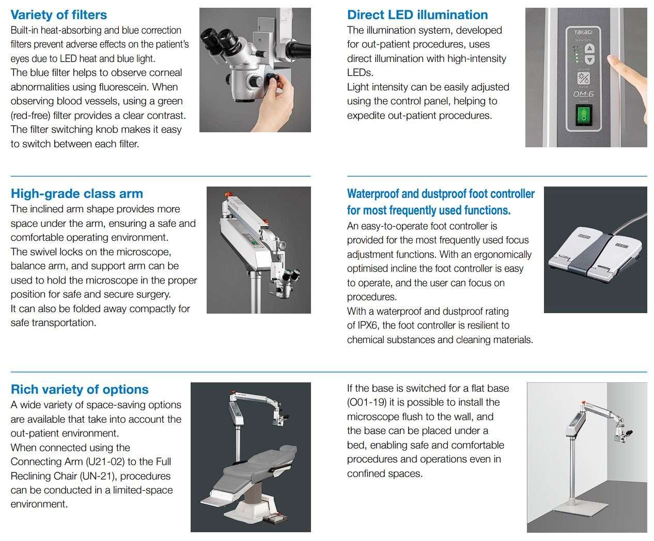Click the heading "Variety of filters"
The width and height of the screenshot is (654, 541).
pyautogui.click(x=58, y=14)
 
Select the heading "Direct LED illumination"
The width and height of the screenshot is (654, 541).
pyautogui.click(x=417, y=14)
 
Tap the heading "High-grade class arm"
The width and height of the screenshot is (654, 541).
pyautogui.click(x=77, y=194)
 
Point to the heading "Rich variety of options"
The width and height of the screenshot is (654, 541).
pyautogui.click(x=80, y=390)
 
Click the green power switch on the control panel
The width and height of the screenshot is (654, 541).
pyautogui.click(x=583, y=115)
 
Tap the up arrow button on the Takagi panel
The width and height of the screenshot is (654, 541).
pyautogui.click(x=589, y=49)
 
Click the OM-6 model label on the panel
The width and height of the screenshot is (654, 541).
pyautogui.click(x=583, y=94)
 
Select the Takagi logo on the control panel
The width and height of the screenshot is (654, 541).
pyautogui.click(x=583, y=32)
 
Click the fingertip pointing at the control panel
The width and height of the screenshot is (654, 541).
pyautogui.click(x=612, y=59)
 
